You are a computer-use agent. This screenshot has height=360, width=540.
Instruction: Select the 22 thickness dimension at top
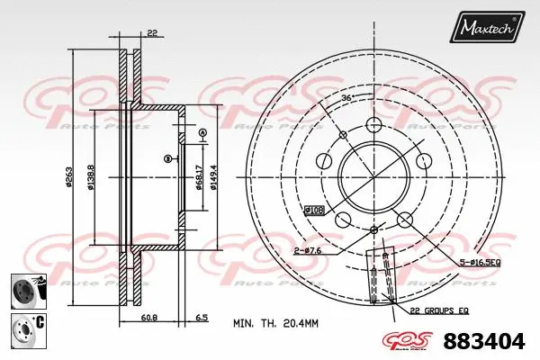click(152, 34)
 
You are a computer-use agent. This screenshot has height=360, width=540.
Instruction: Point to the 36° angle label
click(347, 97)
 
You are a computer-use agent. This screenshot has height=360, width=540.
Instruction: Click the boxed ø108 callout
click(313, 210)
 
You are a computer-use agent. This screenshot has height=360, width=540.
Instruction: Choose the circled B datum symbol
click(167, 159)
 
